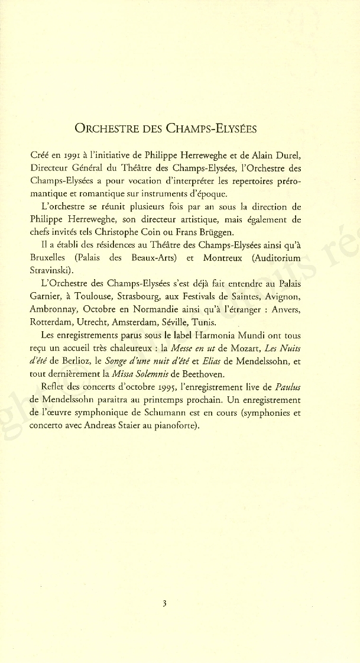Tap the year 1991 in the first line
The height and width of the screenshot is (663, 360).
click(x=65, y=156)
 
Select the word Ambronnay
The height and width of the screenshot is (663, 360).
click(x=53, y=310)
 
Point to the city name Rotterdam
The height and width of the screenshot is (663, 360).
click(x=53, y=323)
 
